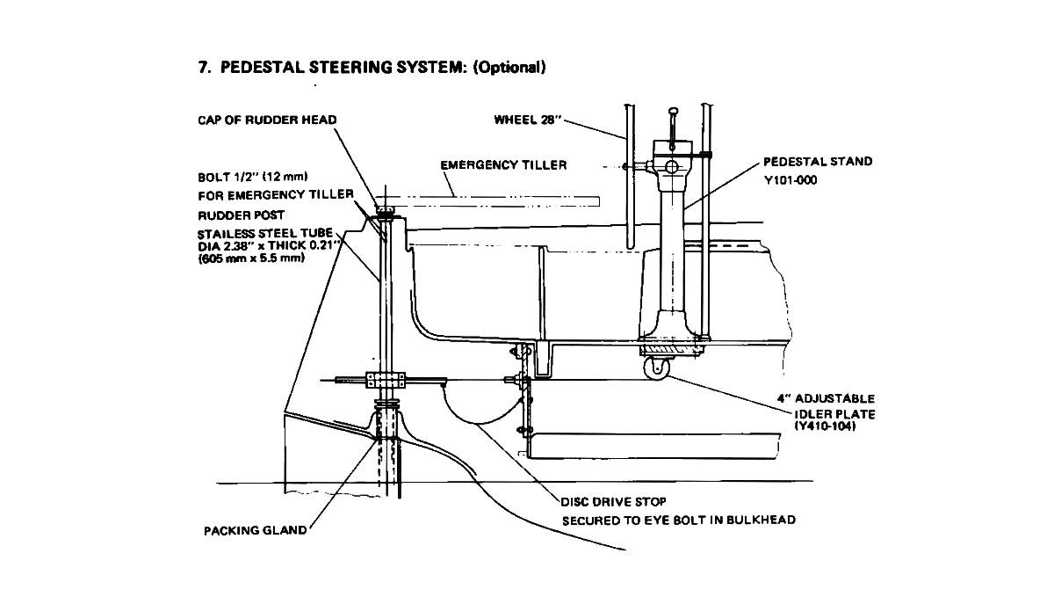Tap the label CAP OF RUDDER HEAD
(x=267, y=120)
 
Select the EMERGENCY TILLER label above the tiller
(x=503, y=164)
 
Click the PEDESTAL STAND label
(x=817, y=162)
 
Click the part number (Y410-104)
(x=825, y=427)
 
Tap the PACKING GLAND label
(x=255, y=530)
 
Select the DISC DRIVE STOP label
(x=613, y=502)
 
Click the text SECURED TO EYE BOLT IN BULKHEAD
(x=679, y=520)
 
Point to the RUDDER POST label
(x=241, y=214)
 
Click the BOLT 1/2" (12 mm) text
(x=253, y=176)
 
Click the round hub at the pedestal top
(x=671, y=165)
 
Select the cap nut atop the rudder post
(x=386, y=210)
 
